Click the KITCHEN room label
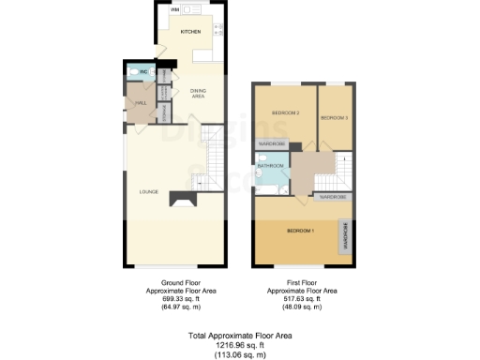click(191, 32)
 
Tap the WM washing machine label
click(174, 9)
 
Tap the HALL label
click(141, 103)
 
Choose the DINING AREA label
click(198, 93)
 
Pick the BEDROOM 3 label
click(334, 118)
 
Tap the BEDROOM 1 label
click(300, 231)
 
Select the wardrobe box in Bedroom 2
click(273, 144)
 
